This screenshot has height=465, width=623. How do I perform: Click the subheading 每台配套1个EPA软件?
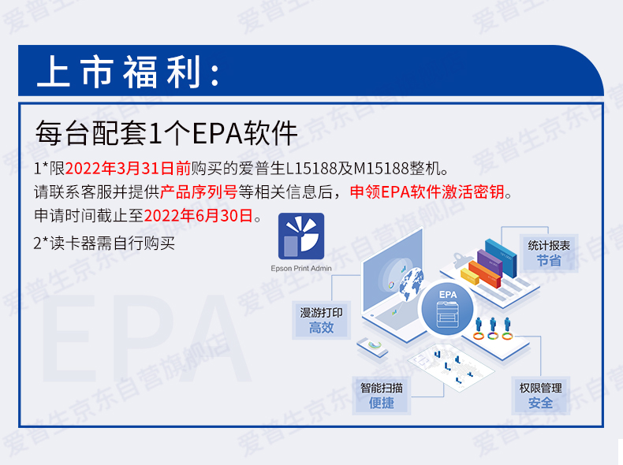[x=166, y=133]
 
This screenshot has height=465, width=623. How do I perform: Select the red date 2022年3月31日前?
[x=128, y=169]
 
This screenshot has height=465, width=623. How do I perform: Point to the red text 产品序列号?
[x=199, y=192]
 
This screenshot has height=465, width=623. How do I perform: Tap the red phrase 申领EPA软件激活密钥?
[x=427, y=192]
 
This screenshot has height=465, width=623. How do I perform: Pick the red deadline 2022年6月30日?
[x=199, y=216]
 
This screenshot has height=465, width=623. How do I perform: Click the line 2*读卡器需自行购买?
[x=104, y=243]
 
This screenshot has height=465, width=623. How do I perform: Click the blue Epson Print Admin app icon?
[x=301, y=236]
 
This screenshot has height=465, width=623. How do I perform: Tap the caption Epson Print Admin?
[x=301, y=269]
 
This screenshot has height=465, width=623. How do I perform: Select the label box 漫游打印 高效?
[x=322, y=320]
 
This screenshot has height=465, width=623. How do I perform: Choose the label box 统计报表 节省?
[x=549, y=253]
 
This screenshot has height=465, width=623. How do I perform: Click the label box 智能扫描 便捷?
[x=382, y=396]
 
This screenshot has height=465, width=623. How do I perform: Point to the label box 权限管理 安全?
[x=541, y=396]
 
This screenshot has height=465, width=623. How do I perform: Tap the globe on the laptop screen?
[x=411, y=284]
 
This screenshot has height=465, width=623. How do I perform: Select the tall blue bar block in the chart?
[x=502, y=258]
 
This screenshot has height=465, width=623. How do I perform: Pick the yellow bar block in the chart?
[x=470, y=277]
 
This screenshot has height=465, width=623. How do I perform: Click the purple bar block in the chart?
[x=490, y=263]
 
